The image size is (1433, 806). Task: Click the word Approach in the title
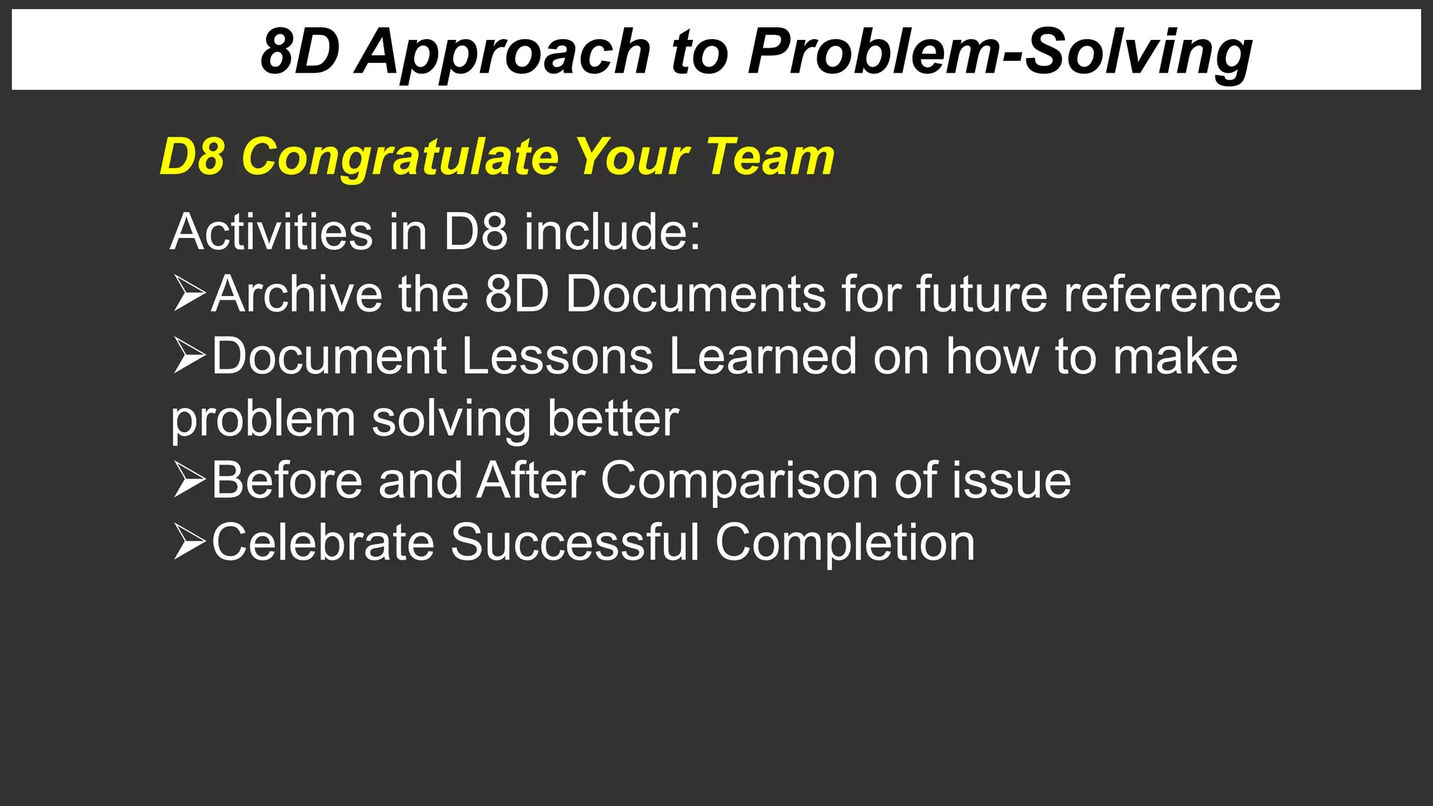502,53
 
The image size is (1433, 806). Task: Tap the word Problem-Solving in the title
999,53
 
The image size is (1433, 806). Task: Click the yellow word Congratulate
399,157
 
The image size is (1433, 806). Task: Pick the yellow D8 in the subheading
192,157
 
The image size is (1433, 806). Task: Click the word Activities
271,232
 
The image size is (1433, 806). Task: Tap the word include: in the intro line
612,232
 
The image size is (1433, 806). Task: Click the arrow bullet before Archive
189,293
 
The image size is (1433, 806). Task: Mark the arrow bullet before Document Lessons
189,355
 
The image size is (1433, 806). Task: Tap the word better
613,418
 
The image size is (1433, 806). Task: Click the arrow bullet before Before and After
189,480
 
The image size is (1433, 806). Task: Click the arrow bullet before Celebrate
189,542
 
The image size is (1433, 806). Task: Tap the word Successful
574,542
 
